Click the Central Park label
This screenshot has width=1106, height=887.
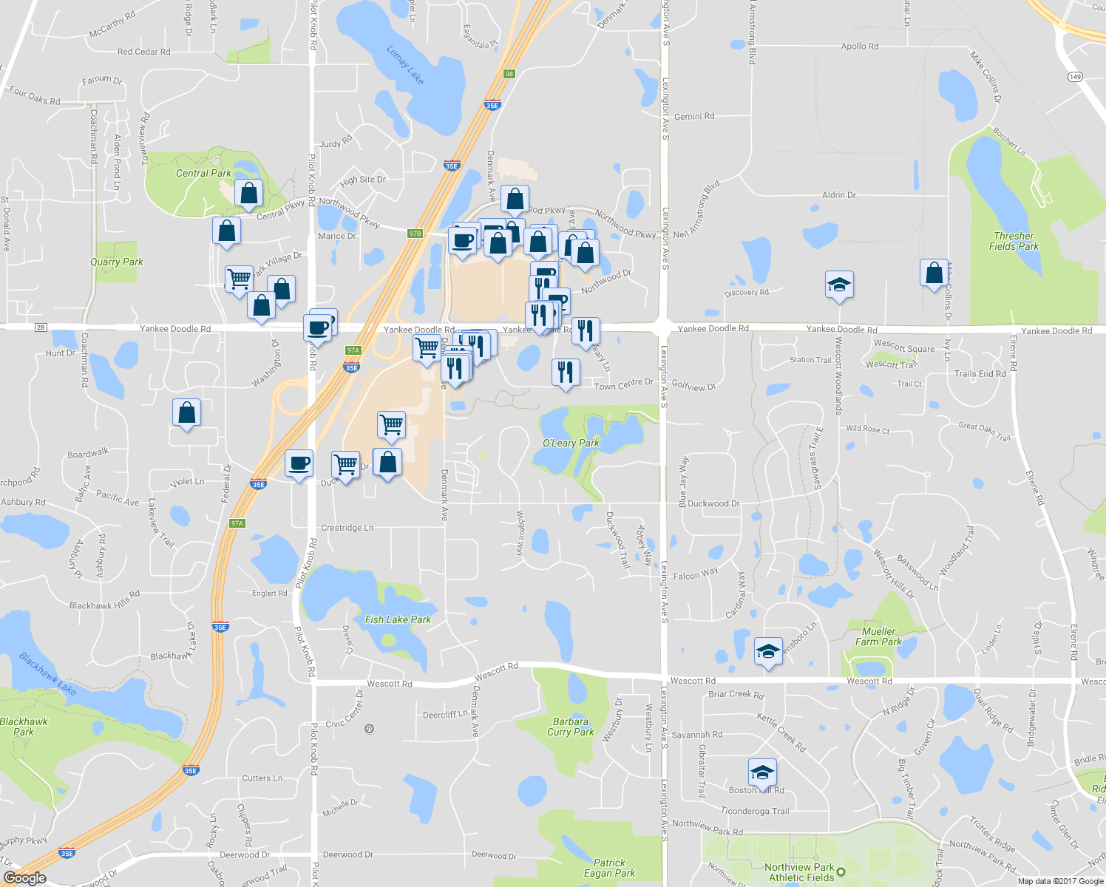coord(203,173)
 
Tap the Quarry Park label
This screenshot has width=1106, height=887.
coord(117,262)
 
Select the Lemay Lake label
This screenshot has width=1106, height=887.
coord(405,64)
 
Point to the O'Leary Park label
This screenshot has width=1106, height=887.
coord(571,443)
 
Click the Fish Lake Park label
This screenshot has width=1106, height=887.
coord(398,619)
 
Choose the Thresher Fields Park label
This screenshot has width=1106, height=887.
coord(1014,241)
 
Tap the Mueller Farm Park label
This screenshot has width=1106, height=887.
coord(878,636)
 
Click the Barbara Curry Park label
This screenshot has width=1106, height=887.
coord(570,727)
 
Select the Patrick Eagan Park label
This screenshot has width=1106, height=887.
coord(609,868)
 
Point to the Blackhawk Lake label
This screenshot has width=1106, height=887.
coord(48,673)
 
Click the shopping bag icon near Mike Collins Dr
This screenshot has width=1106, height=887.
coord(934,272)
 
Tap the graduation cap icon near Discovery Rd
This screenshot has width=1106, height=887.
coord(839,285)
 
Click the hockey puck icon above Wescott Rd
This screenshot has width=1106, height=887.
coord(768,652)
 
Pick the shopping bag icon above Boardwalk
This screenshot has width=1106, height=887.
coord(187,412)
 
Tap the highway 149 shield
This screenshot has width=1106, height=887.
coord(1075,77)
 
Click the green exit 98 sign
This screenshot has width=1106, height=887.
coord(509,74)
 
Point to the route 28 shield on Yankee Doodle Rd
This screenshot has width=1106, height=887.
coord(40,327)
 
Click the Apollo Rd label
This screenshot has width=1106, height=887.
coord(860,46)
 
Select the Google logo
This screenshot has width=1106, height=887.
coord(24,877)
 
